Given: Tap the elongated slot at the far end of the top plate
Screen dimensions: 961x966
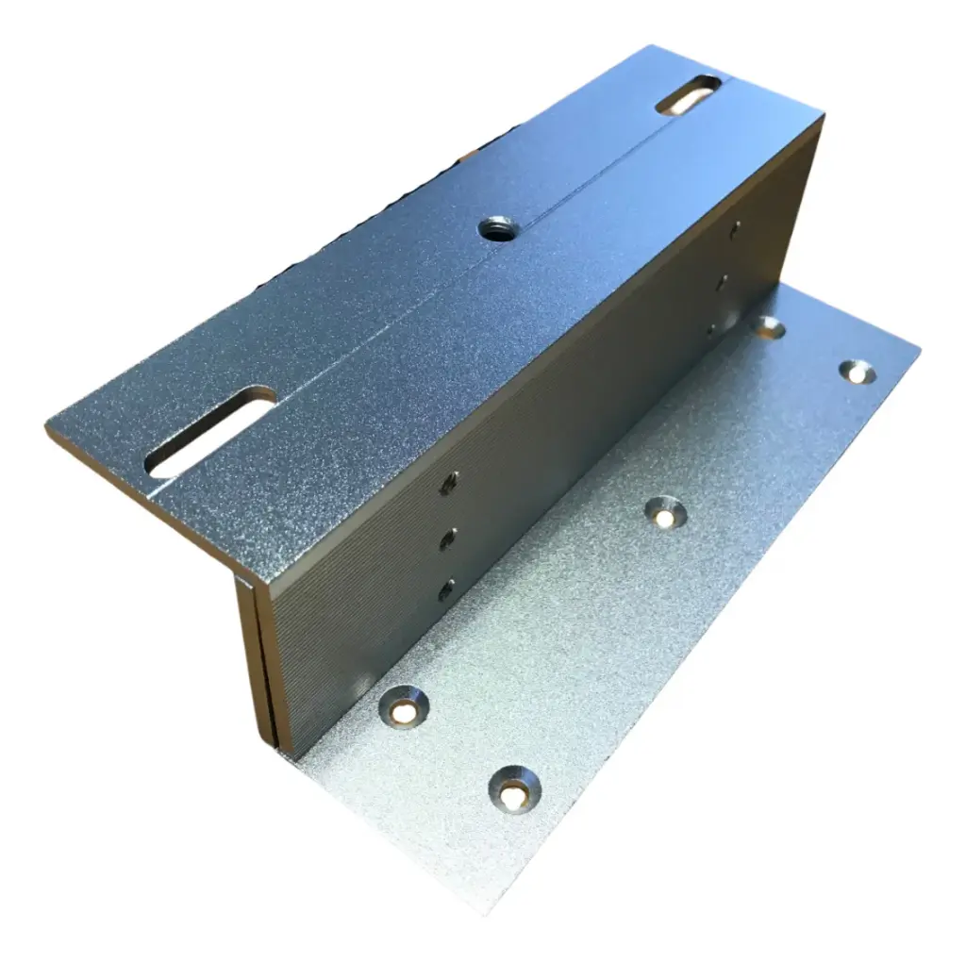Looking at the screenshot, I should pos(689,95).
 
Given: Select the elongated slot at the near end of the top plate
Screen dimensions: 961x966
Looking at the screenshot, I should pos(210,432).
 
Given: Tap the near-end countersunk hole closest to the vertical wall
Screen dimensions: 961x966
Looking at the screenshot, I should pos(404,705).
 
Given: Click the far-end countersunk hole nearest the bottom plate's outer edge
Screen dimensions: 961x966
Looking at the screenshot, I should pos(858,372).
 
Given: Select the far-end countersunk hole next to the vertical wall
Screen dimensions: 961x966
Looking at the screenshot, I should pos(770,326).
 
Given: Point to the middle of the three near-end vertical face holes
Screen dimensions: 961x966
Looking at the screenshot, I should pos(448,538).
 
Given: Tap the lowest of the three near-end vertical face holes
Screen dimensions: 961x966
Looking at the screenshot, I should pos(445,590).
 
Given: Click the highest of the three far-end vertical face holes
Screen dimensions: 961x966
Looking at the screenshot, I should pos(735,228).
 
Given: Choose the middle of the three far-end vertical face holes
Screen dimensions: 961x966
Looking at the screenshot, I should pos(722,280).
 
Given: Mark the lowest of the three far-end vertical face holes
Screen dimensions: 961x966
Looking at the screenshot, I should pos(710,329).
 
